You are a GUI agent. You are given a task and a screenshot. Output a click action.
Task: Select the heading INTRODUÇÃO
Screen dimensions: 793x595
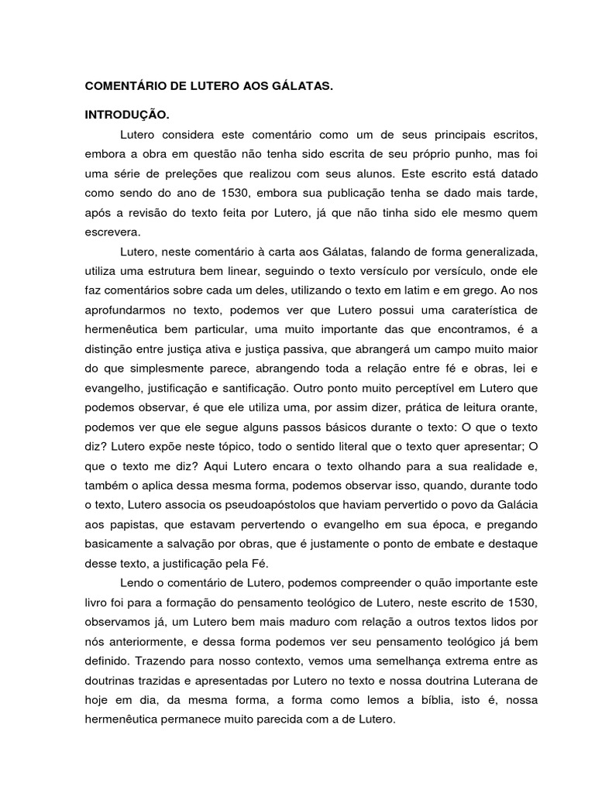point(126,115)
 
